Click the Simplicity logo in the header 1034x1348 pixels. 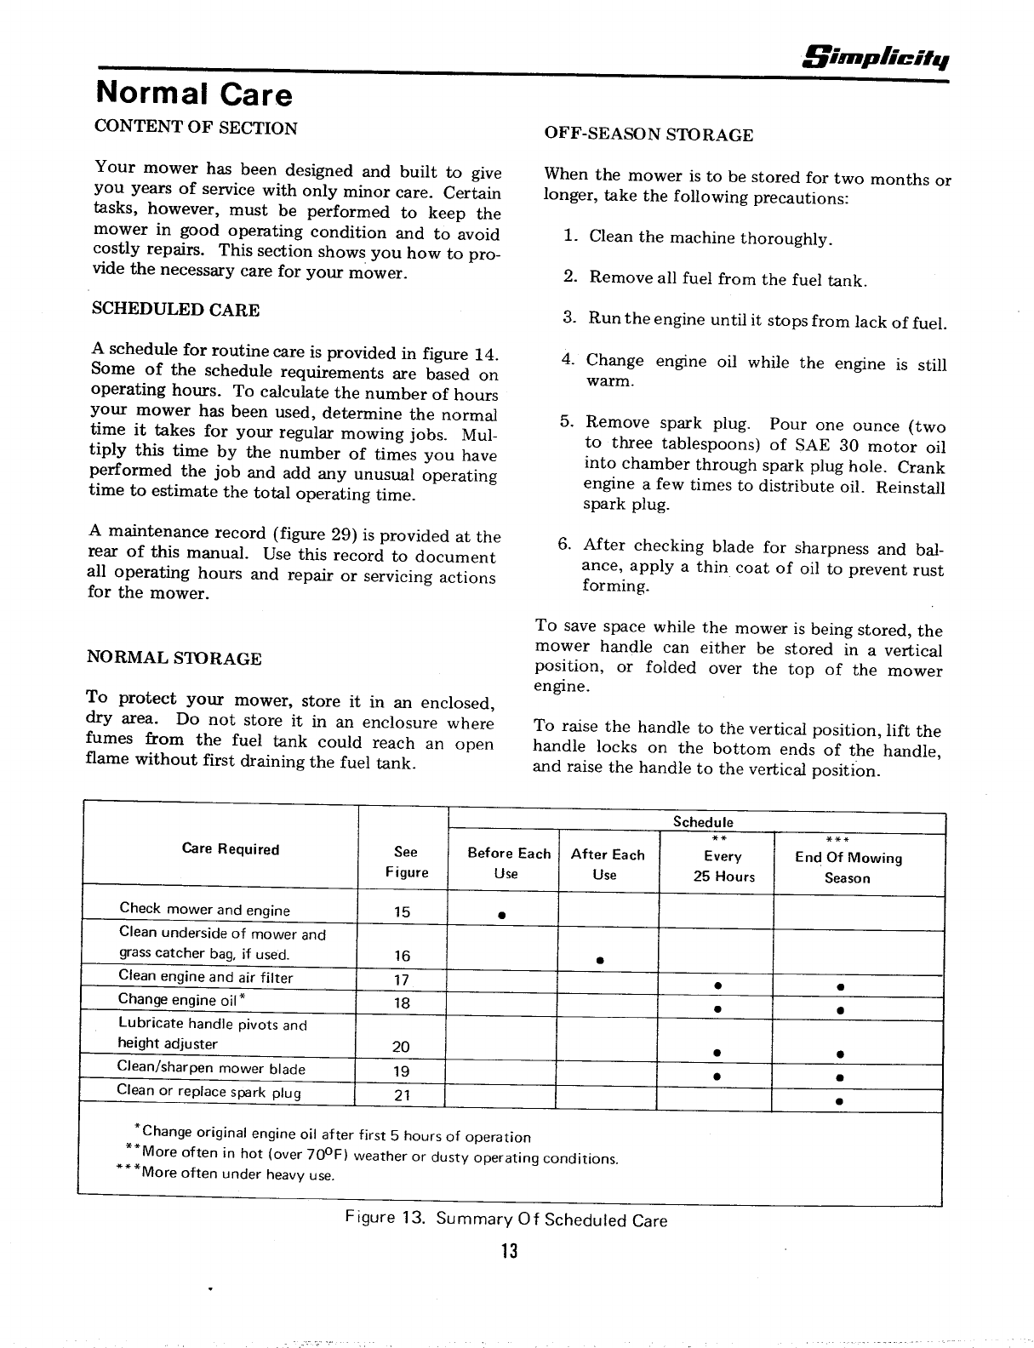[883, 58]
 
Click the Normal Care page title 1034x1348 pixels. [194, 94]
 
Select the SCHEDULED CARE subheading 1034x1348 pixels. [175, 310]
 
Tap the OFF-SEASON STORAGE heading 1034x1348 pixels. [648, 134]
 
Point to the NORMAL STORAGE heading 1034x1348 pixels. [174, 658]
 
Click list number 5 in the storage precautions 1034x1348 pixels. [567, 422]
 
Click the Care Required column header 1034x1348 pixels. [231, 849]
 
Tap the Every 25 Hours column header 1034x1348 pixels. [723, 866]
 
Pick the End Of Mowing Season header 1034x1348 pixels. [848, 867]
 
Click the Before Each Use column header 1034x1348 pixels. [509, 864]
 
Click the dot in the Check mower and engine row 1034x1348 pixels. [503, 916]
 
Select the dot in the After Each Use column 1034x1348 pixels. [600, 961]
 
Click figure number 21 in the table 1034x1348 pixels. [403, 1095]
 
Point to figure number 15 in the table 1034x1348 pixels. [403, 912]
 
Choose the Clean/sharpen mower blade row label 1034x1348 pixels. [211, 1069]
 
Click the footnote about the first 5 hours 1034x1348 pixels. [334, 1135]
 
